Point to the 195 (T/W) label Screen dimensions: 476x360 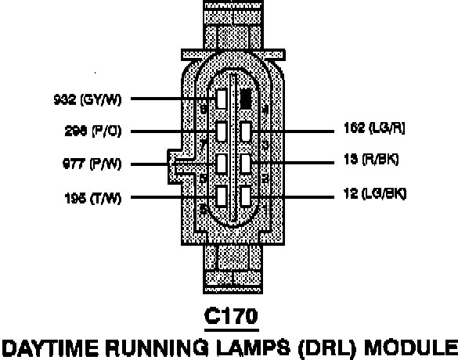92,197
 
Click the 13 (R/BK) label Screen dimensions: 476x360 371,160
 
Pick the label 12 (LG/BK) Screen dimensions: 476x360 375,193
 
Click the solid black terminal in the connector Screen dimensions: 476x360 246,98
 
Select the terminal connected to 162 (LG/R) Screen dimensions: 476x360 246,130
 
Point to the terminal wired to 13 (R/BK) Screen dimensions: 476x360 246,162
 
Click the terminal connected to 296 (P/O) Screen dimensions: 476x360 222,131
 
